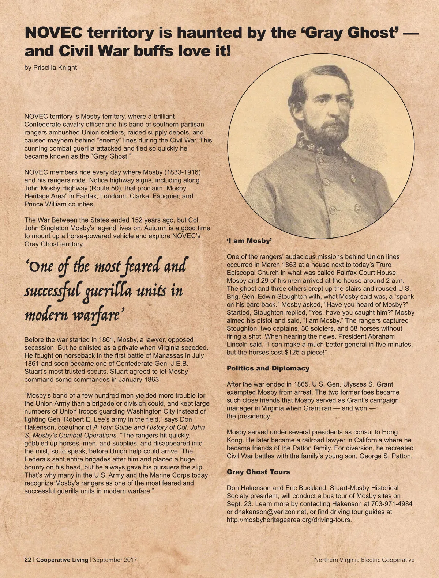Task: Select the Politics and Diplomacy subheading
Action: (x=268, y=368)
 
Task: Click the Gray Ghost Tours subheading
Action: (x=258, y=472)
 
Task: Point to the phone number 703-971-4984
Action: (x=392, y=504)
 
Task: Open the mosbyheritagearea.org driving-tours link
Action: (x=289, y=520)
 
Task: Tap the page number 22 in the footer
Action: (x=28, y=560)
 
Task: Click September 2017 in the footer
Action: (x=115, y=560)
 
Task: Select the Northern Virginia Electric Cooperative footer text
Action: (x=364, y=560)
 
